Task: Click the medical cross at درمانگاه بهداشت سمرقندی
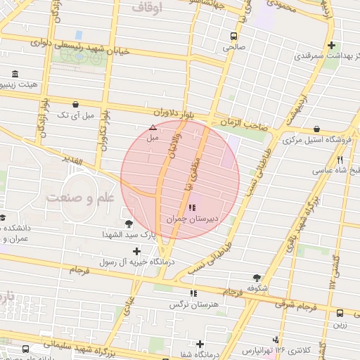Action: pos(331,45)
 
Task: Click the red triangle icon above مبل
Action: pos(153,127)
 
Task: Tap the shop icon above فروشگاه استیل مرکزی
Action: pos(318,129)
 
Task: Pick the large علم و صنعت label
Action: pos(79,198)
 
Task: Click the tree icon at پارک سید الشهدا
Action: pos(129,224)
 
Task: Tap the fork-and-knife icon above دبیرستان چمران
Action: pos(192,207)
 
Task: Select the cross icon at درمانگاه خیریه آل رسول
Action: pos(136,251)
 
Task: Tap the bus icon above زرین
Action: pos(340,314)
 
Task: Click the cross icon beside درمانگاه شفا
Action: pos(200,344)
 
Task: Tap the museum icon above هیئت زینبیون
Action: pos(15,73)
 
